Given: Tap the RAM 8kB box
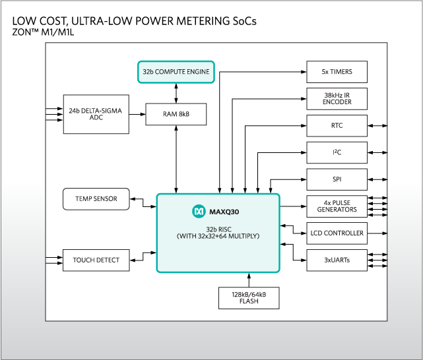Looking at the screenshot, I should pos(176,114).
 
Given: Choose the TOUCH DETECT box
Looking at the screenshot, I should pos(96,260).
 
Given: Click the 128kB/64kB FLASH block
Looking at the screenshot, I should pos(249,297).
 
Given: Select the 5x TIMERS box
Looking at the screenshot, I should pos(337,72).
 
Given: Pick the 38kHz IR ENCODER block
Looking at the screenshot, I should pos(337,99).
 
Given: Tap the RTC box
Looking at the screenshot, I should pos(337,125).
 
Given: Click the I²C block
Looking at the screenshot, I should pos(337,152).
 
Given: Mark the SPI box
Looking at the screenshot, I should pos(337,179).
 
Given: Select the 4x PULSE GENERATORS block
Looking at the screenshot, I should pos(337,206).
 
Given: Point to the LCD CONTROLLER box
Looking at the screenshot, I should pos(337,233).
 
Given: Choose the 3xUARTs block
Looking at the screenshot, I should pos(337,260).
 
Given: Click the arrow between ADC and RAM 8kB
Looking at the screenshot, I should pos(137,114).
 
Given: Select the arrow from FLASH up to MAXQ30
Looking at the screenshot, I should pos(249,280).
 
